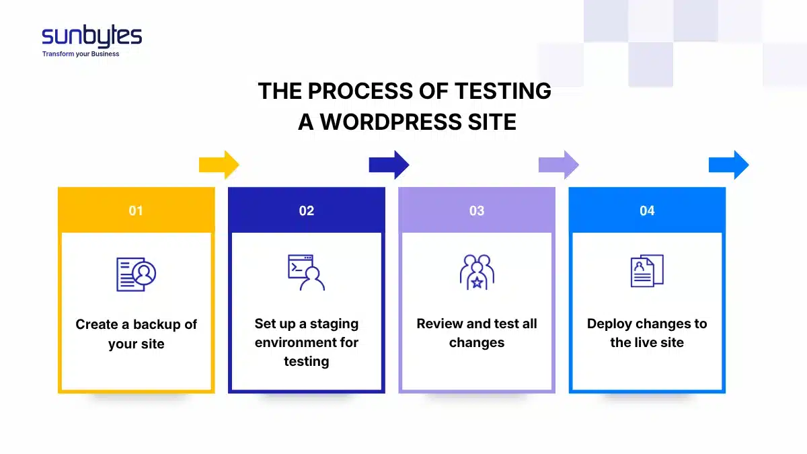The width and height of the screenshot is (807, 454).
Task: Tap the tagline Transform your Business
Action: pyautogui.click(x=81, y=54)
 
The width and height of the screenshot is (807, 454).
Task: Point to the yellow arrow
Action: pyautogui.click(x=219, y=165)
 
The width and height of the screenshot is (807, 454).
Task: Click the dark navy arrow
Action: pyautogui.click(x=389, y=165)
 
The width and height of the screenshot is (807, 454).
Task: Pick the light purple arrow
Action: pyautogui.click(x=559, y=165)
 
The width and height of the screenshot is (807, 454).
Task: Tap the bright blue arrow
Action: pyautogui.click(x=729, y=165)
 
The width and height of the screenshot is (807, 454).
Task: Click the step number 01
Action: pyautogui.click(x=136, y=211)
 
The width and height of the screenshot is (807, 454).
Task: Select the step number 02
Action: pyautogui.click(x=307, y=211)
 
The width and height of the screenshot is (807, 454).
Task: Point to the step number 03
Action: pyautogui.click(x=477, y=211)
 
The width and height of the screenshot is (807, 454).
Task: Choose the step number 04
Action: pyautogui.click(x=647, y=211)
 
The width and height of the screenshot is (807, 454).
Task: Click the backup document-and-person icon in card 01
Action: pyautogui.click(x=136, y=274)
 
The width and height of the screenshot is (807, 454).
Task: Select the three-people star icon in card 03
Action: pyautogui.click(x=477, y=272)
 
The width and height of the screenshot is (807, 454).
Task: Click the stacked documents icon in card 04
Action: pyautogui.click(x=647, y=271)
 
